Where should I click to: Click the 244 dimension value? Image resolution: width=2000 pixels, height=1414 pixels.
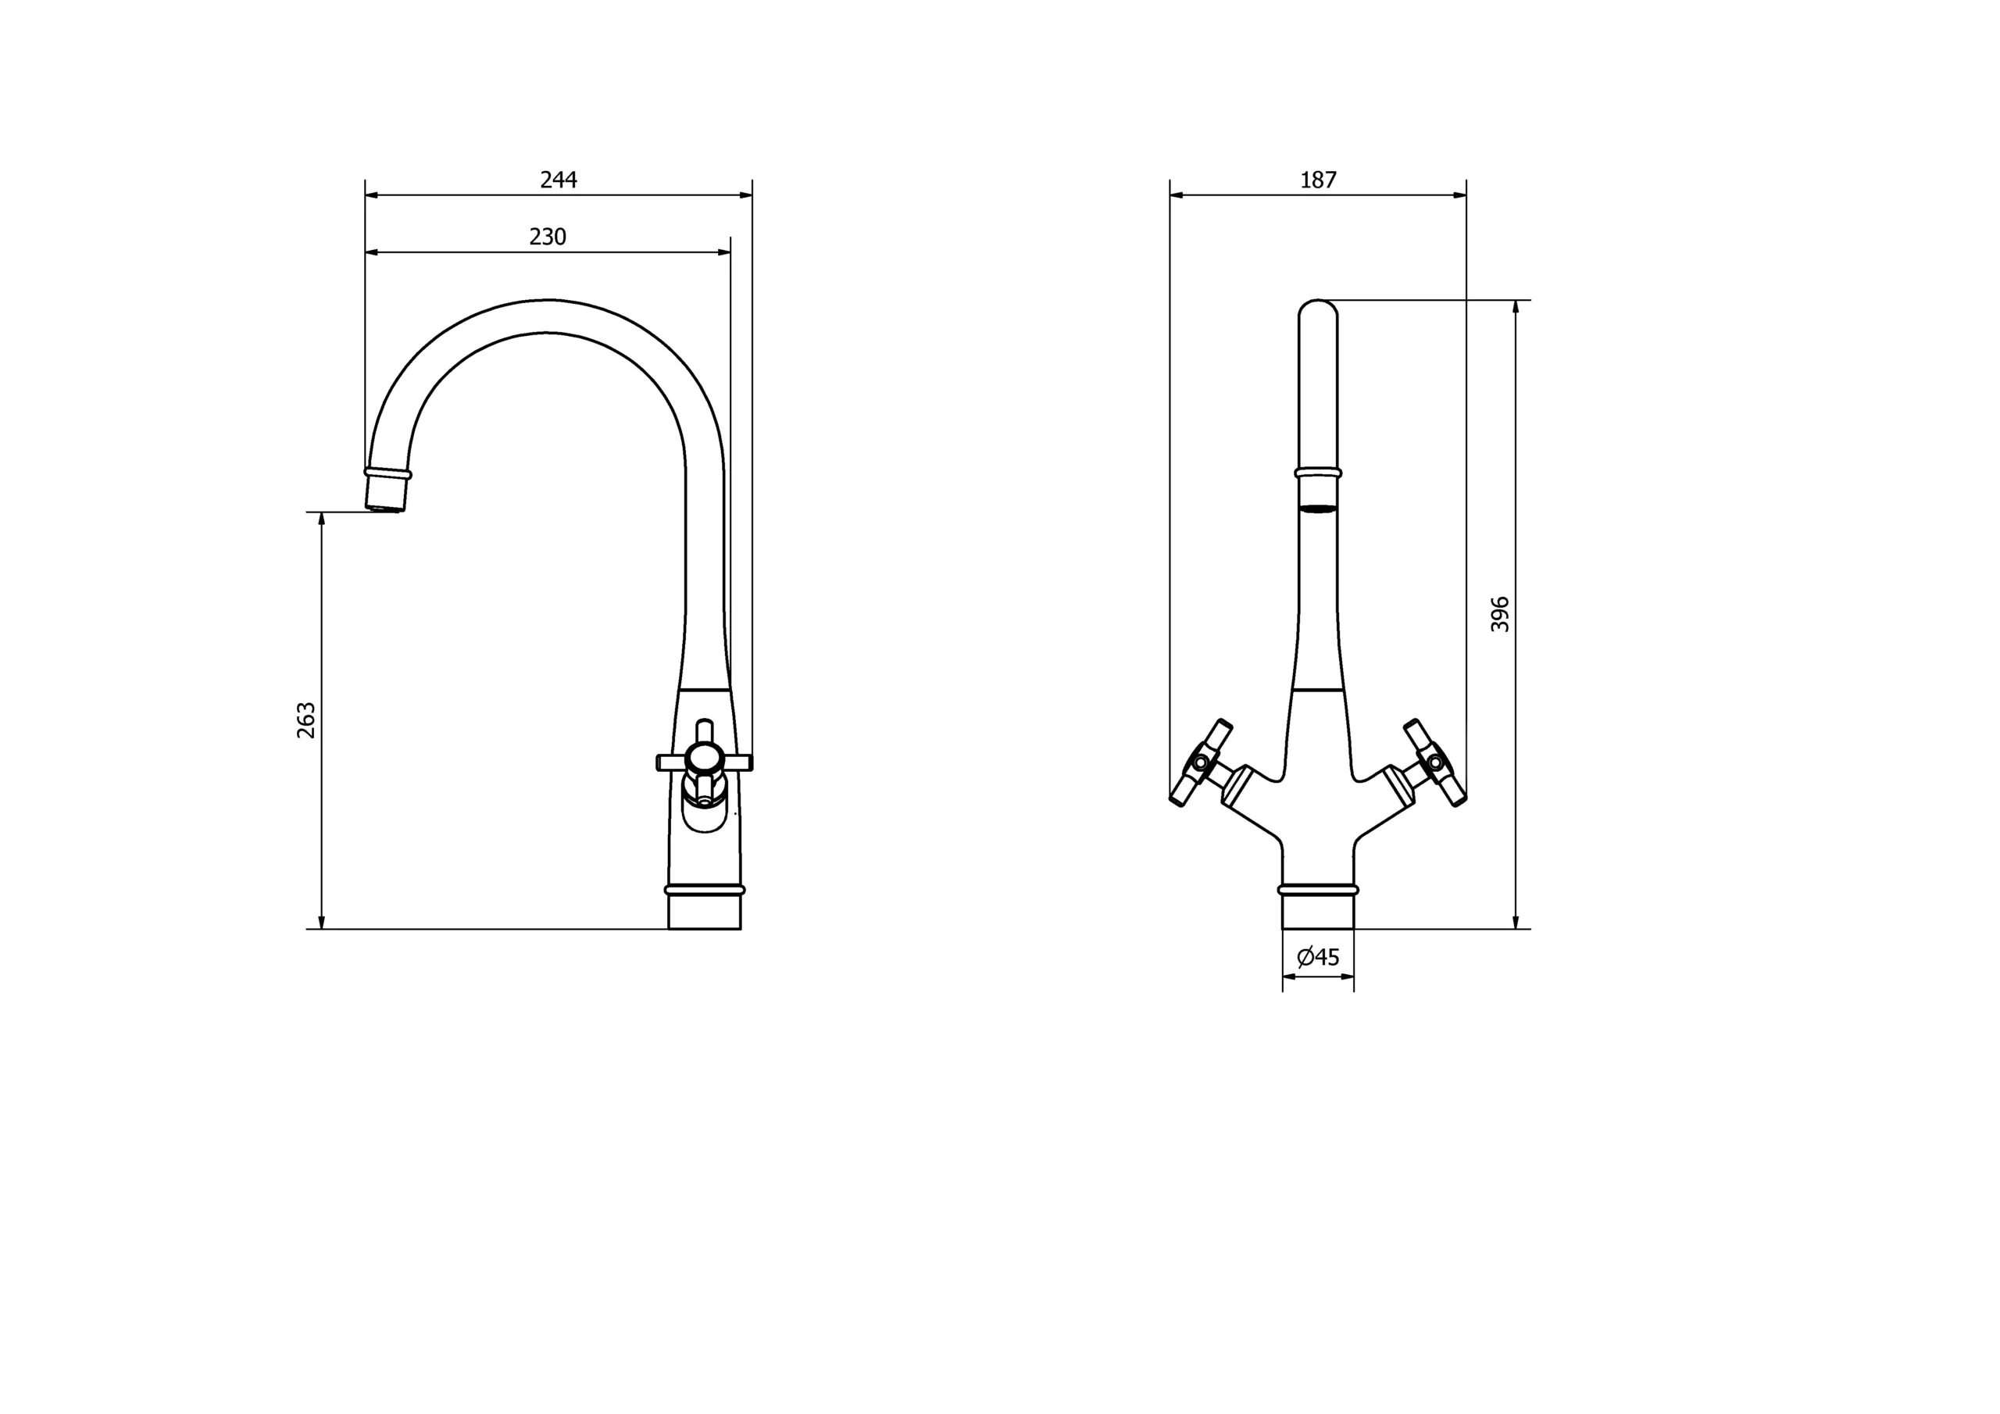click(x=559, y=180)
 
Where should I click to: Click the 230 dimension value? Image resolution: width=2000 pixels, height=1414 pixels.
click(x=548, y=237)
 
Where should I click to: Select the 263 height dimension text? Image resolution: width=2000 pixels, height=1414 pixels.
click(x=306, y=719)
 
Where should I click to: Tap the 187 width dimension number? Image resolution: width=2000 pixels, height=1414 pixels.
click(x=1318, y=180)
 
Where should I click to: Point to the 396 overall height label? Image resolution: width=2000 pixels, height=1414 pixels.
click(x=1500, y=614)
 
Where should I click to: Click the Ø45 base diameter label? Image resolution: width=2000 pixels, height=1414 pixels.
click(x=1318, y=958)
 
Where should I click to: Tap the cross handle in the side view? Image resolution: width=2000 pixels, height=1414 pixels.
click(x=704, y=762)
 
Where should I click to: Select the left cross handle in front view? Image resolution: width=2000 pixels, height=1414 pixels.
click(x=1202, y=762)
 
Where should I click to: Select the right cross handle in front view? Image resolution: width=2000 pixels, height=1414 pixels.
click(x=1434, y=762)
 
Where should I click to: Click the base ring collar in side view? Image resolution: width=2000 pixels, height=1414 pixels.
click(x=705, y=890)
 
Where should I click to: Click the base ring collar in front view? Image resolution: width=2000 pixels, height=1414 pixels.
click(x=1318, y=890)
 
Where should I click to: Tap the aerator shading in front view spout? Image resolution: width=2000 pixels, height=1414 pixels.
click(x=1318, y=508)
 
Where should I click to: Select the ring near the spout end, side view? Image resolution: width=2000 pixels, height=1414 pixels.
click(x=387, y=473)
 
